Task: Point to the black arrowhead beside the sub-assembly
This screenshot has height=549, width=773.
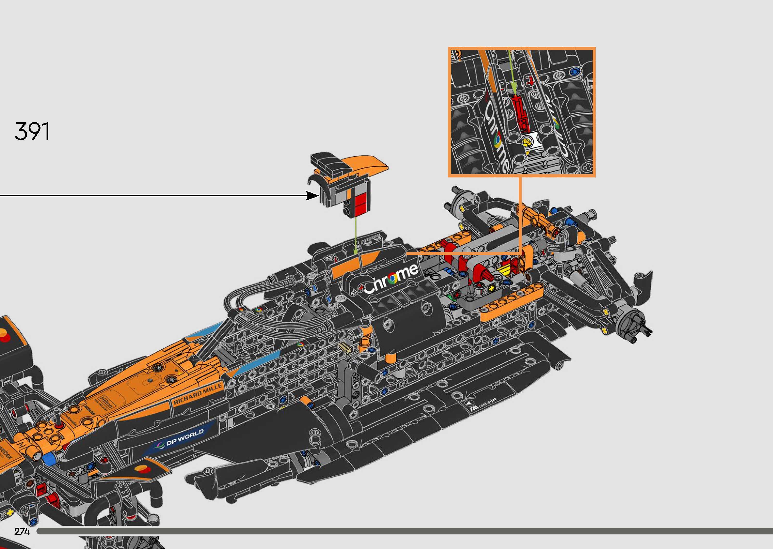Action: coord(312,195)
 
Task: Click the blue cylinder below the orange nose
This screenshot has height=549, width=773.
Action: coord(49,459)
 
